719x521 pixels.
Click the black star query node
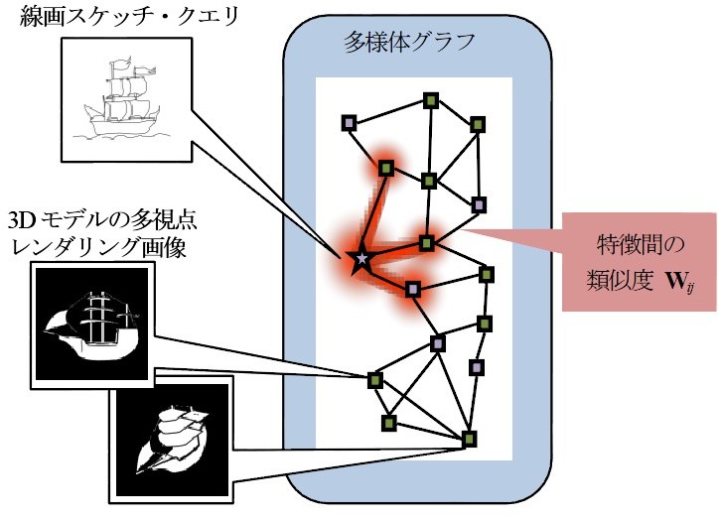point(360,259)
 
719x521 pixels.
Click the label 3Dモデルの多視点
point(80,219)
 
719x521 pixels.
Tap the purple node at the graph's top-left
point(349,122)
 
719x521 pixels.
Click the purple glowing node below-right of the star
point(413,289)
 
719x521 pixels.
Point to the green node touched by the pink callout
point(426,242)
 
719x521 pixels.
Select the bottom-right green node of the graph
point(470,438)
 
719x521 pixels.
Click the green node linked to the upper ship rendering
point(374,379)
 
